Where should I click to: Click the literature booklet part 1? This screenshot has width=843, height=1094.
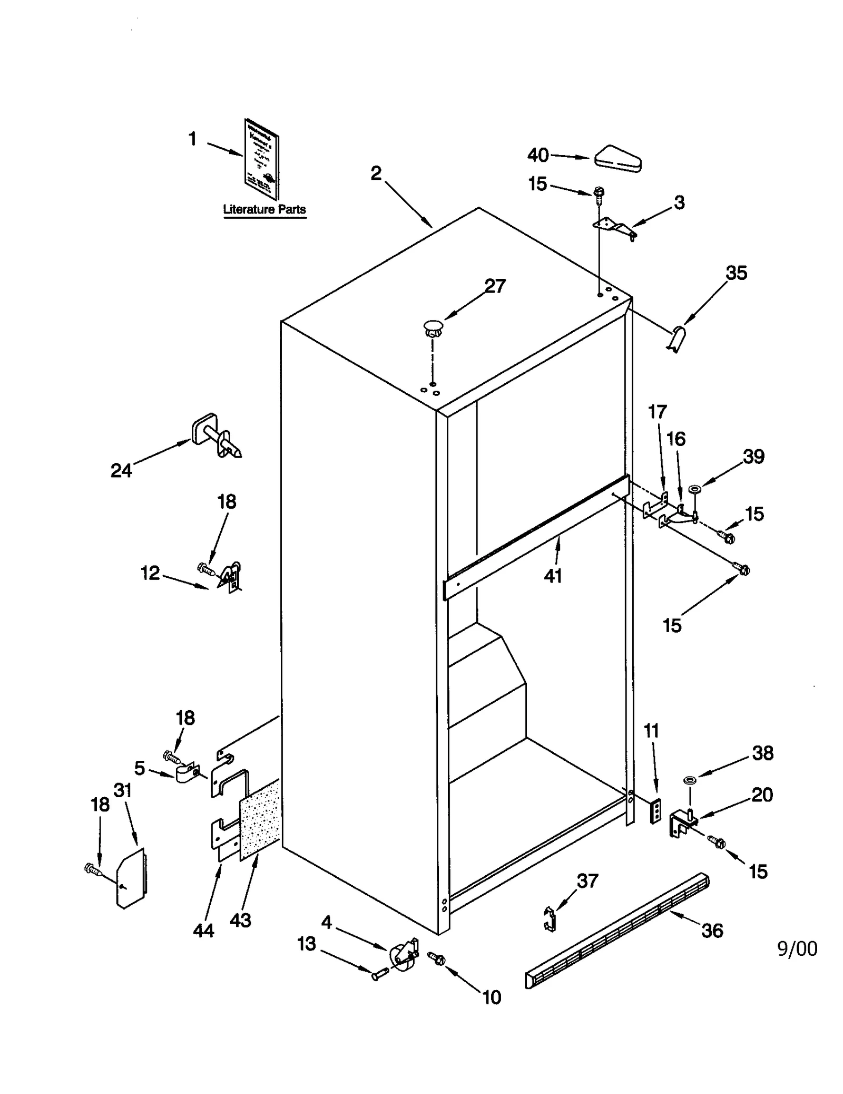[262, 159]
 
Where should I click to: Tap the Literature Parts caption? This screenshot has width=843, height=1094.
[264, 209]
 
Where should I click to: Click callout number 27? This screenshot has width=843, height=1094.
[495, 286]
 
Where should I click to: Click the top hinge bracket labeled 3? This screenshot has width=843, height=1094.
[614, 227]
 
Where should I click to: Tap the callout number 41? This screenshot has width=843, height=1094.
[553, 576]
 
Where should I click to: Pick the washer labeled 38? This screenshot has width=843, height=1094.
[689, 779]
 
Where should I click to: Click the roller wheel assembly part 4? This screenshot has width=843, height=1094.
[403, 956]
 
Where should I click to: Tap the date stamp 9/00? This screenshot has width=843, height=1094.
[797, 948]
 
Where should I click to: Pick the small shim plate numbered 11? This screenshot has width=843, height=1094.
[655, 810]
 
